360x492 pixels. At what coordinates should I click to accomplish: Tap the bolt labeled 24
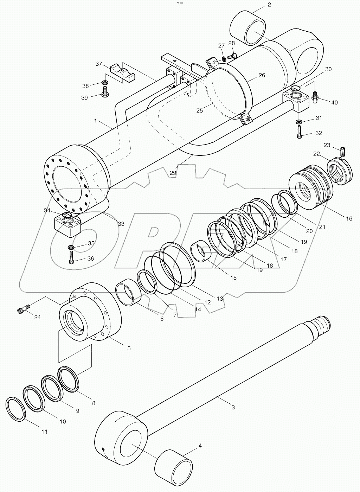pyautogui.click(x=22, y=309)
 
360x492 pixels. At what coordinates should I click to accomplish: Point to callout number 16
pyautogui.click(x=349, y=218)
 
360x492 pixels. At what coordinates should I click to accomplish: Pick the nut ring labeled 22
pyautogui.click(x=340, y=171)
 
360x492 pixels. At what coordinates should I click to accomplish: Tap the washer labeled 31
pyautogui.click(x=298, y=122)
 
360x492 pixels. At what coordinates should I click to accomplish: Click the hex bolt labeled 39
pyautogui.click(x=105, y=93)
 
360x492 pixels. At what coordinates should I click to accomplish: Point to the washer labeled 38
pyautogui.click(x=105, y=82)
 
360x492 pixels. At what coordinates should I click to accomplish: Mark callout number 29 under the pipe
pyautogui.click(x=173, y=173)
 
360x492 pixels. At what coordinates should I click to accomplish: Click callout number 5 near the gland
pyautogui.click(x=129, y=348)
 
